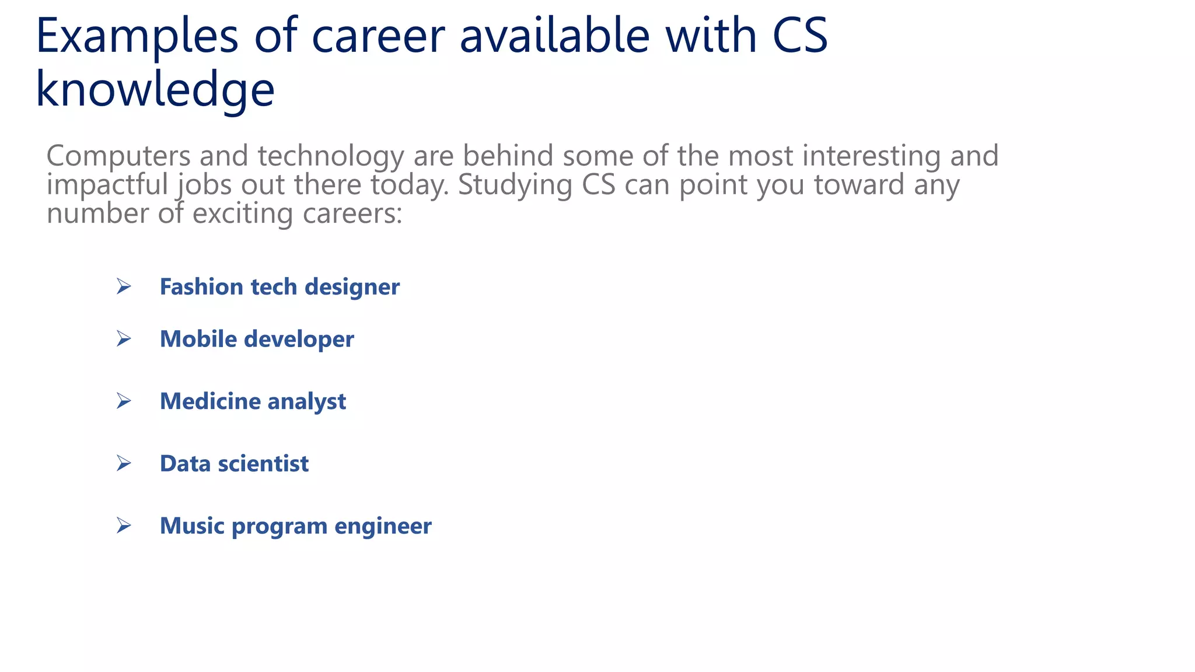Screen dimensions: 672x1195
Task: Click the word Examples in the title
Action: [x=137, y=36]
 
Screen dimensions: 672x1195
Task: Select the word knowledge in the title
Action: [x=155, y=90]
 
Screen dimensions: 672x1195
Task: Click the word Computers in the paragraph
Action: [x=118, y=156]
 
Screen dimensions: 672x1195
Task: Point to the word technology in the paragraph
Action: [x=331, y=156]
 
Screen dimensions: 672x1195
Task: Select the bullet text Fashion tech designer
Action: [x=279, y=287]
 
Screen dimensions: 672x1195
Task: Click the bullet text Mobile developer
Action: [x=257, y=339]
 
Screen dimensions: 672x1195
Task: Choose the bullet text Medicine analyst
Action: [x=253, y=401]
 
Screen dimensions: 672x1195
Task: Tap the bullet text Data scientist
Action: [x=234, y=464]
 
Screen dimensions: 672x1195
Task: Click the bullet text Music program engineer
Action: [x=295, y=526]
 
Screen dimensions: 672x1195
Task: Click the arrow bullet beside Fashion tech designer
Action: [x=123, y=286]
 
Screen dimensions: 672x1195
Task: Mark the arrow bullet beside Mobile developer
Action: [x=123, y=339]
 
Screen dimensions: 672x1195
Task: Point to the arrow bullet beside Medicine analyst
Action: [x=123, y=401]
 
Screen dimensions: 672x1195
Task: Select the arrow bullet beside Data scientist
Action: [x=123, y=463]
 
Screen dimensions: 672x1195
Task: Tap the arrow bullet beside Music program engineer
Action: [x=123, y=526]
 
